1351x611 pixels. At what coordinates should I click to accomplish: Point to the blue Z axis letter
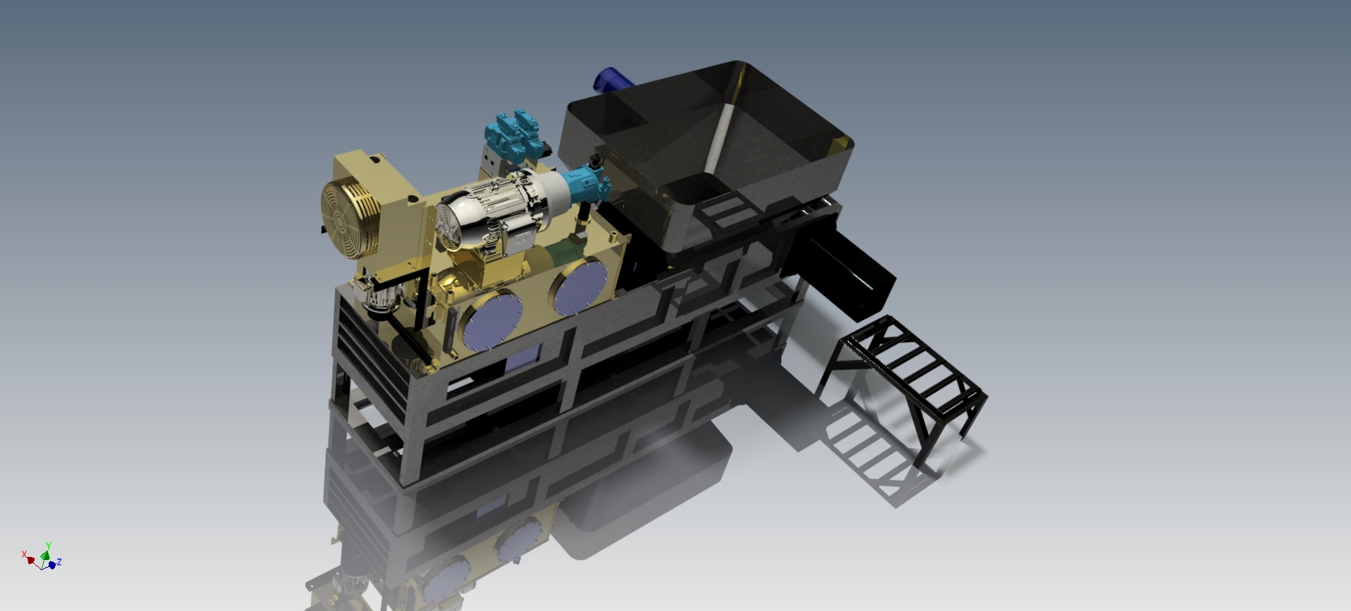point(58,562)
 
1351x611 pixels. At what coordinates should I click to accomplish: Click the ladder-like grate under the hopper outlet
point(726,208)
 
